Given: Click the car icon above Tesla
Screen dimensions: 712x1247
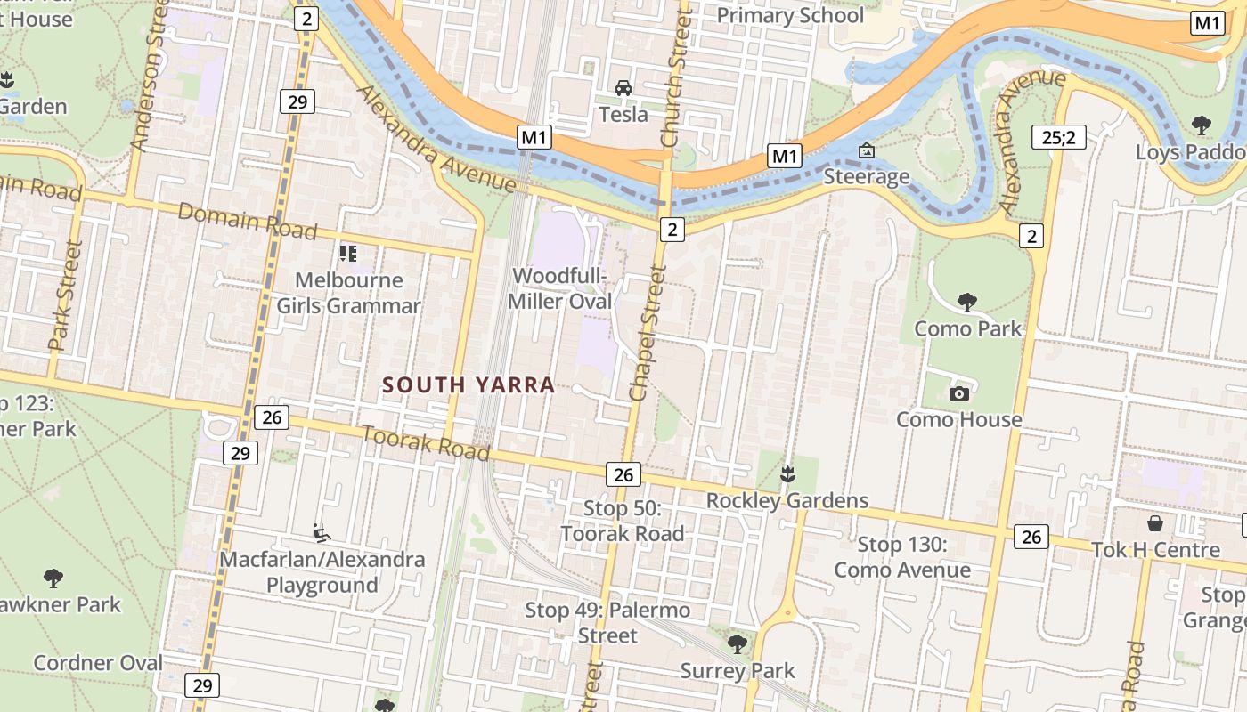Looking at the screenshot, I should click(623, 88).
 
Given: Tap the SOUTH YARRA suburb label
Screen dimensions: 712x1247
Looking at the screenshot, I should click(469, 385).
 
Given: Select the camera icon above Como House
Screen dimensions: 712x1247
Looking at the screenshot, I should click(959, 393).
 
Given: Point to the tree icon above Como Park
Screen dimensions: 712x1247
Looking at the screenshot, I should click(967, 303).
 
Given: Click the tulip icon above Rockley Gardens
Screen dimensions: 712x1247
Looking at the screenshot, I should click(787, 474).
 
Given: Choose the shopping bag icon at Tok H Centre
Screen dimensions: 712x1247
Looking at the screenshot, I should click(1155, 523).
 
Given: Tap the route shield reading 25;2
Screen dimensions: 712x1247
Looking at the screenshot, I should click(1059, 137).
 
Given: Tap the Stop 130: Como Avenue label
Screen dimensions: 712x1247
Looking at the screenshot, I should click(902, 557).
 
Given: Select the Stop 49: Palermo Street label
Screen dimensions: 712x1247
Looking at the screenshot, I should click(607, 622).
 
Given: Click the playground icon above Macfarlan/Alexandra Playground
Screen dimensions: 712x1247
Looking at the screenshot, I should click(322, 533).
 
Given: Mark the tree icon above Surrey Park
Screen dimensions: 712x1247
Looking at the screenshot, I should click(737, 643).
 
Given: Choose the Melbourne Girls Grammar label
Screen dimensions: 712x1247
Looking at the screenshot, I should click(348, 293).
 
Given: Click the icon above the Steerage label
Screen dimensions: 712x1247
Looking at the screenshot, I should click(866, 150).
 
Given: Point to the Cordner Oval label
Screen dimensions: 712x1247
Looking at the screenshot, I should click(98, 663).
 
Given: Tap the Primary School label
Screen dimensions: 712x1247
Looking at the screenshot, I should click(790, 16).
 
